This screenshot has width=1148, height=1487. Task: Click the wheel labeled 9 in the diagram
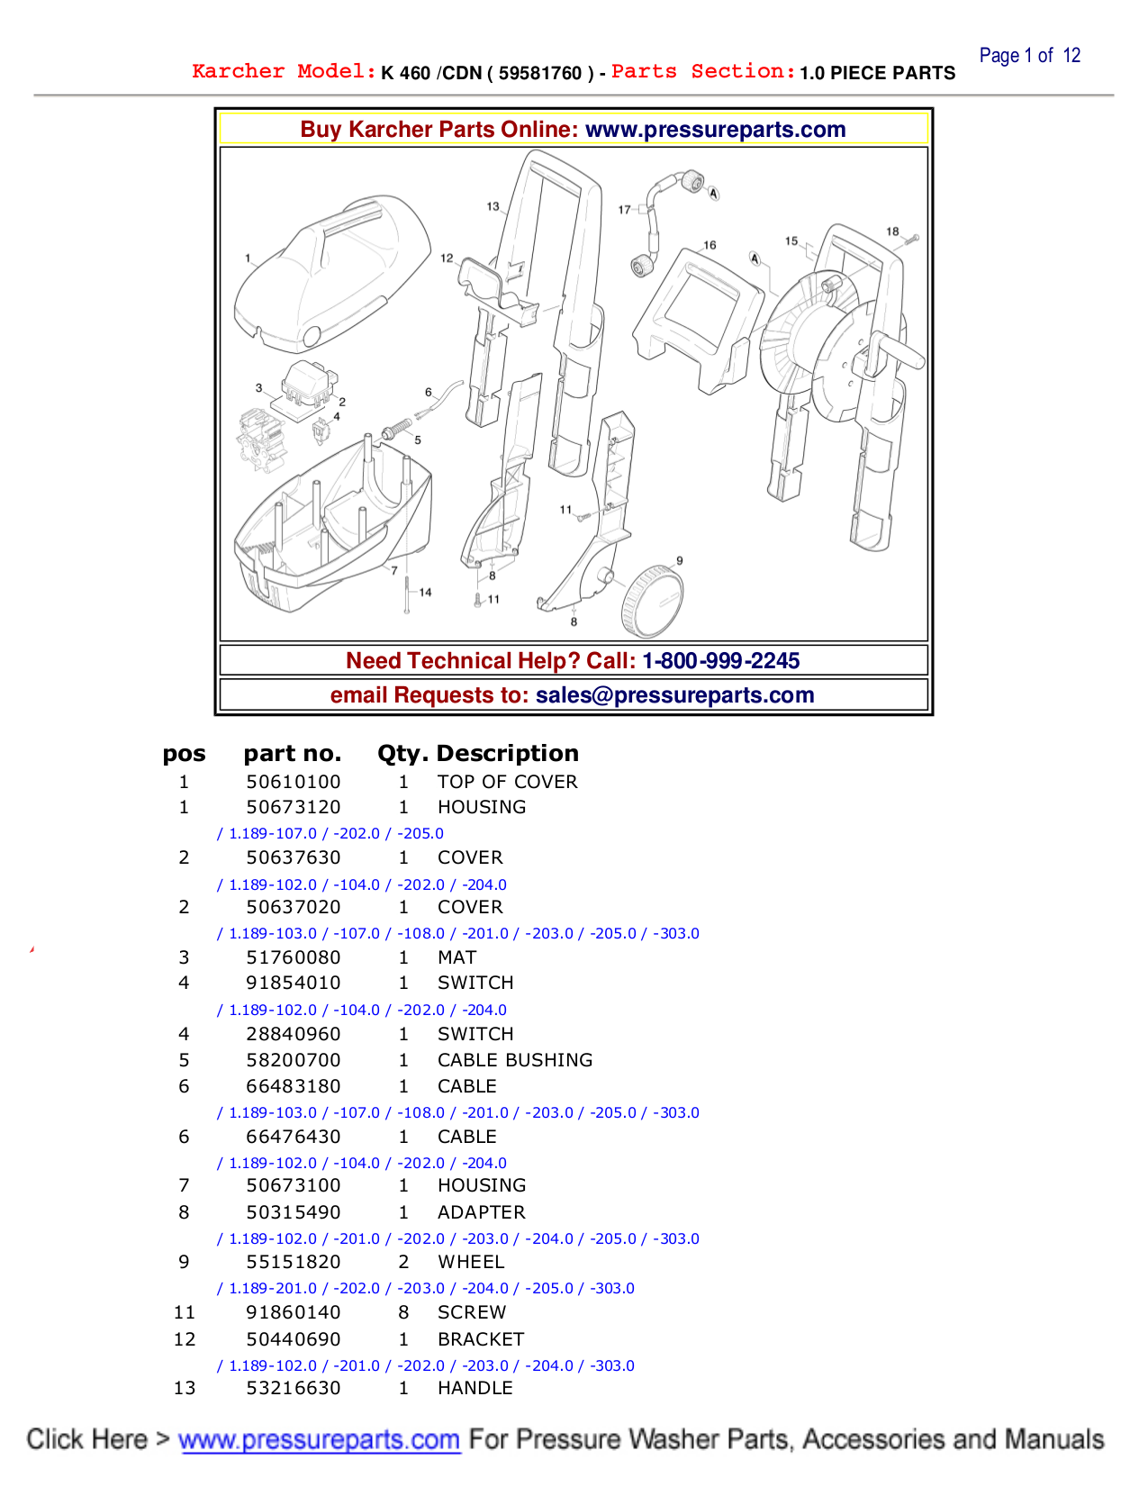point(652,602)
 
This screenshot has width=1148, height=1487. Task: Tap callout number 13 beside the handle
point(493,206)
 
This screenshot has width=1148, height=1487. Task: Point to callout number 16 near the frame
point(710,245)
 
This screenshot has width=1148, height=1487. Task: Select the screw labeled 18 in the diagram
point(912,240)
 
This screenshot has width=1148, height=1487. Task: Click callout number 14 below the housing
point(425,592)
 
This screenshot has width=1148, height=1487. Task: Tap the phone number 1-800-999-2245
point(720,660)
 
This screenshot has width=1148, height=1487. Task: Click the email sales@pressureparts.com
point(674,695)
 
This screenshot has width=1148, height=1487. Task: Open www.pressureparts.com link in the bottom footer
point(319,1439)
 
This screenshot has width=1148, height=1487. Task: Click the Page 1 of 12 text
point(1029,56)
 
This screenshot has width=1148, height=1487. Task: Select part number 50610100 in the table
point(294,782)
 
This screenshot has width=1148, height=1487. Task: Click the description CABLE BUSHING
point(515,1060)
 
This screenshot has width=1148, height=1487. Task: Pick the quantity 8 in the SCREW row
point(403,1312)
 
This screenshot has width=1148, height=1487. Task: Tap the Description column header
point(507,753)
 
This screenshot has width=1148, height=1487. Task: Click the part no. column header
point(292,753)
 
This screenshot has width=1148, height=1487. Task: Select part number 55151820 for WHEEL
point(294,1262)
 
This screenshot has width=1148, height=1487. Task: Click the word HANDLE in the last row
point(475,1388)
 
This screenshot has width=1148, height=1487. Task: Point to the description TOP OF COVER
point(507,782)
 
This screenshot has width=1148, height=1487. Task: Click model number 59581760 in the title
point(540,73)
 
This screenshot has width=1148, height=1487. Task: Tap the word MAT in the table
point(456,957)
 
